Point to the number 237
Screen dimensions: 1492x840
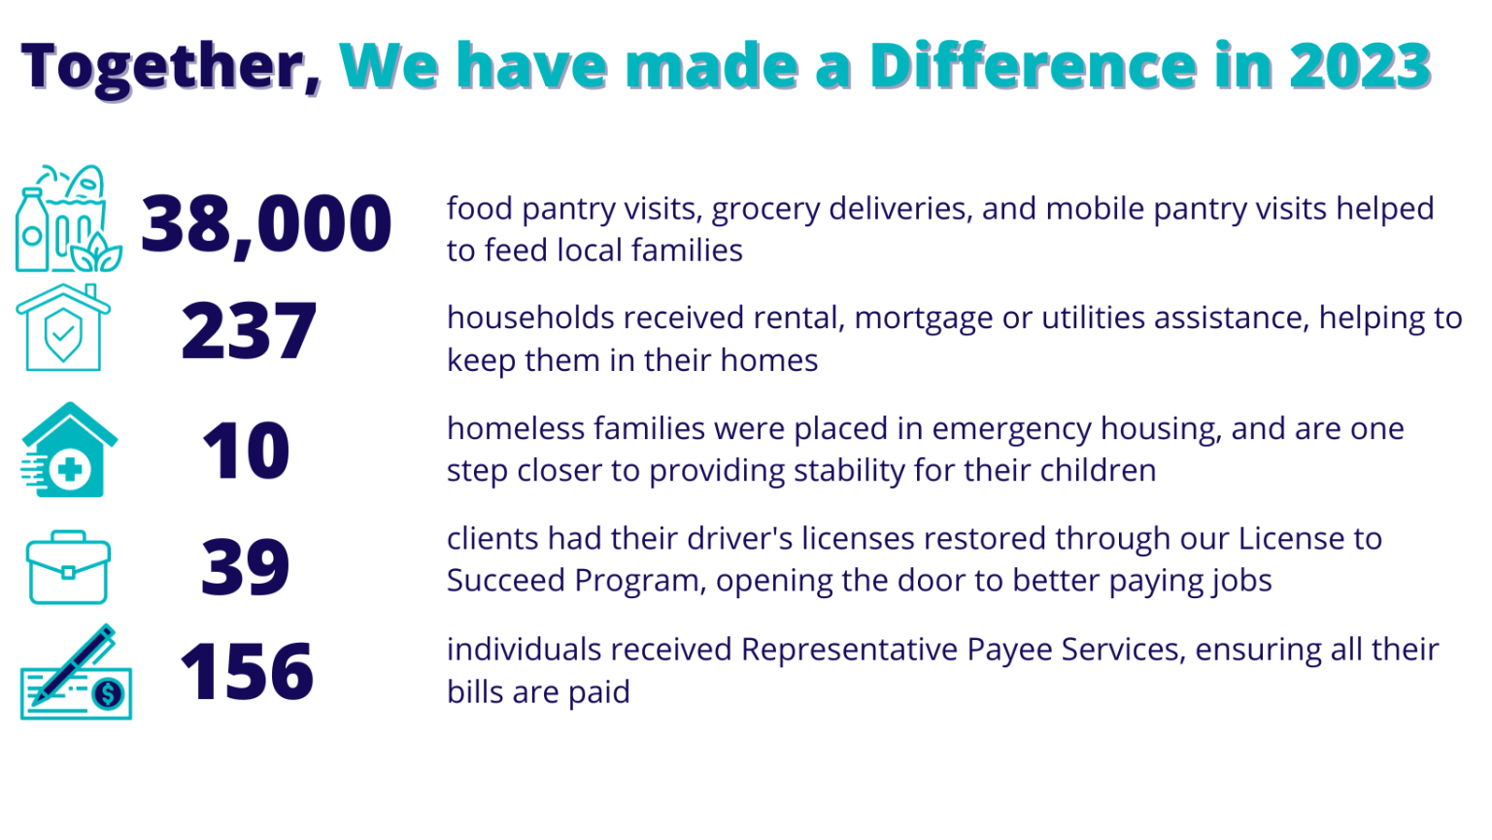[249, 330]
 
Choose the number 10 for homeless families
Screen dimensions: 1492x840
[246, 451]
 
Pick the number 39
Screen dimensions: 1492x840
[245, 567]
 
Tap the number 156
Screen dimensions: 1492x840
[247, 671]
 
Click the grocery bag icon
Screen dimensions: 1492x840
[68, 218]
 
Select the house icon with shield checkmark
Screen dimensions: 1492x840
[63, 327]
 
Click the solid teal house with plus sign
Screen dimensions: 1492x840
[69, 450]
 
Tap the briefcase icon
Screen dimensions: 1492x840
[68, 567]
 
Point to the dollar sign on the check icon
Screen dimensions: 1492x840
[109, 694]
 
